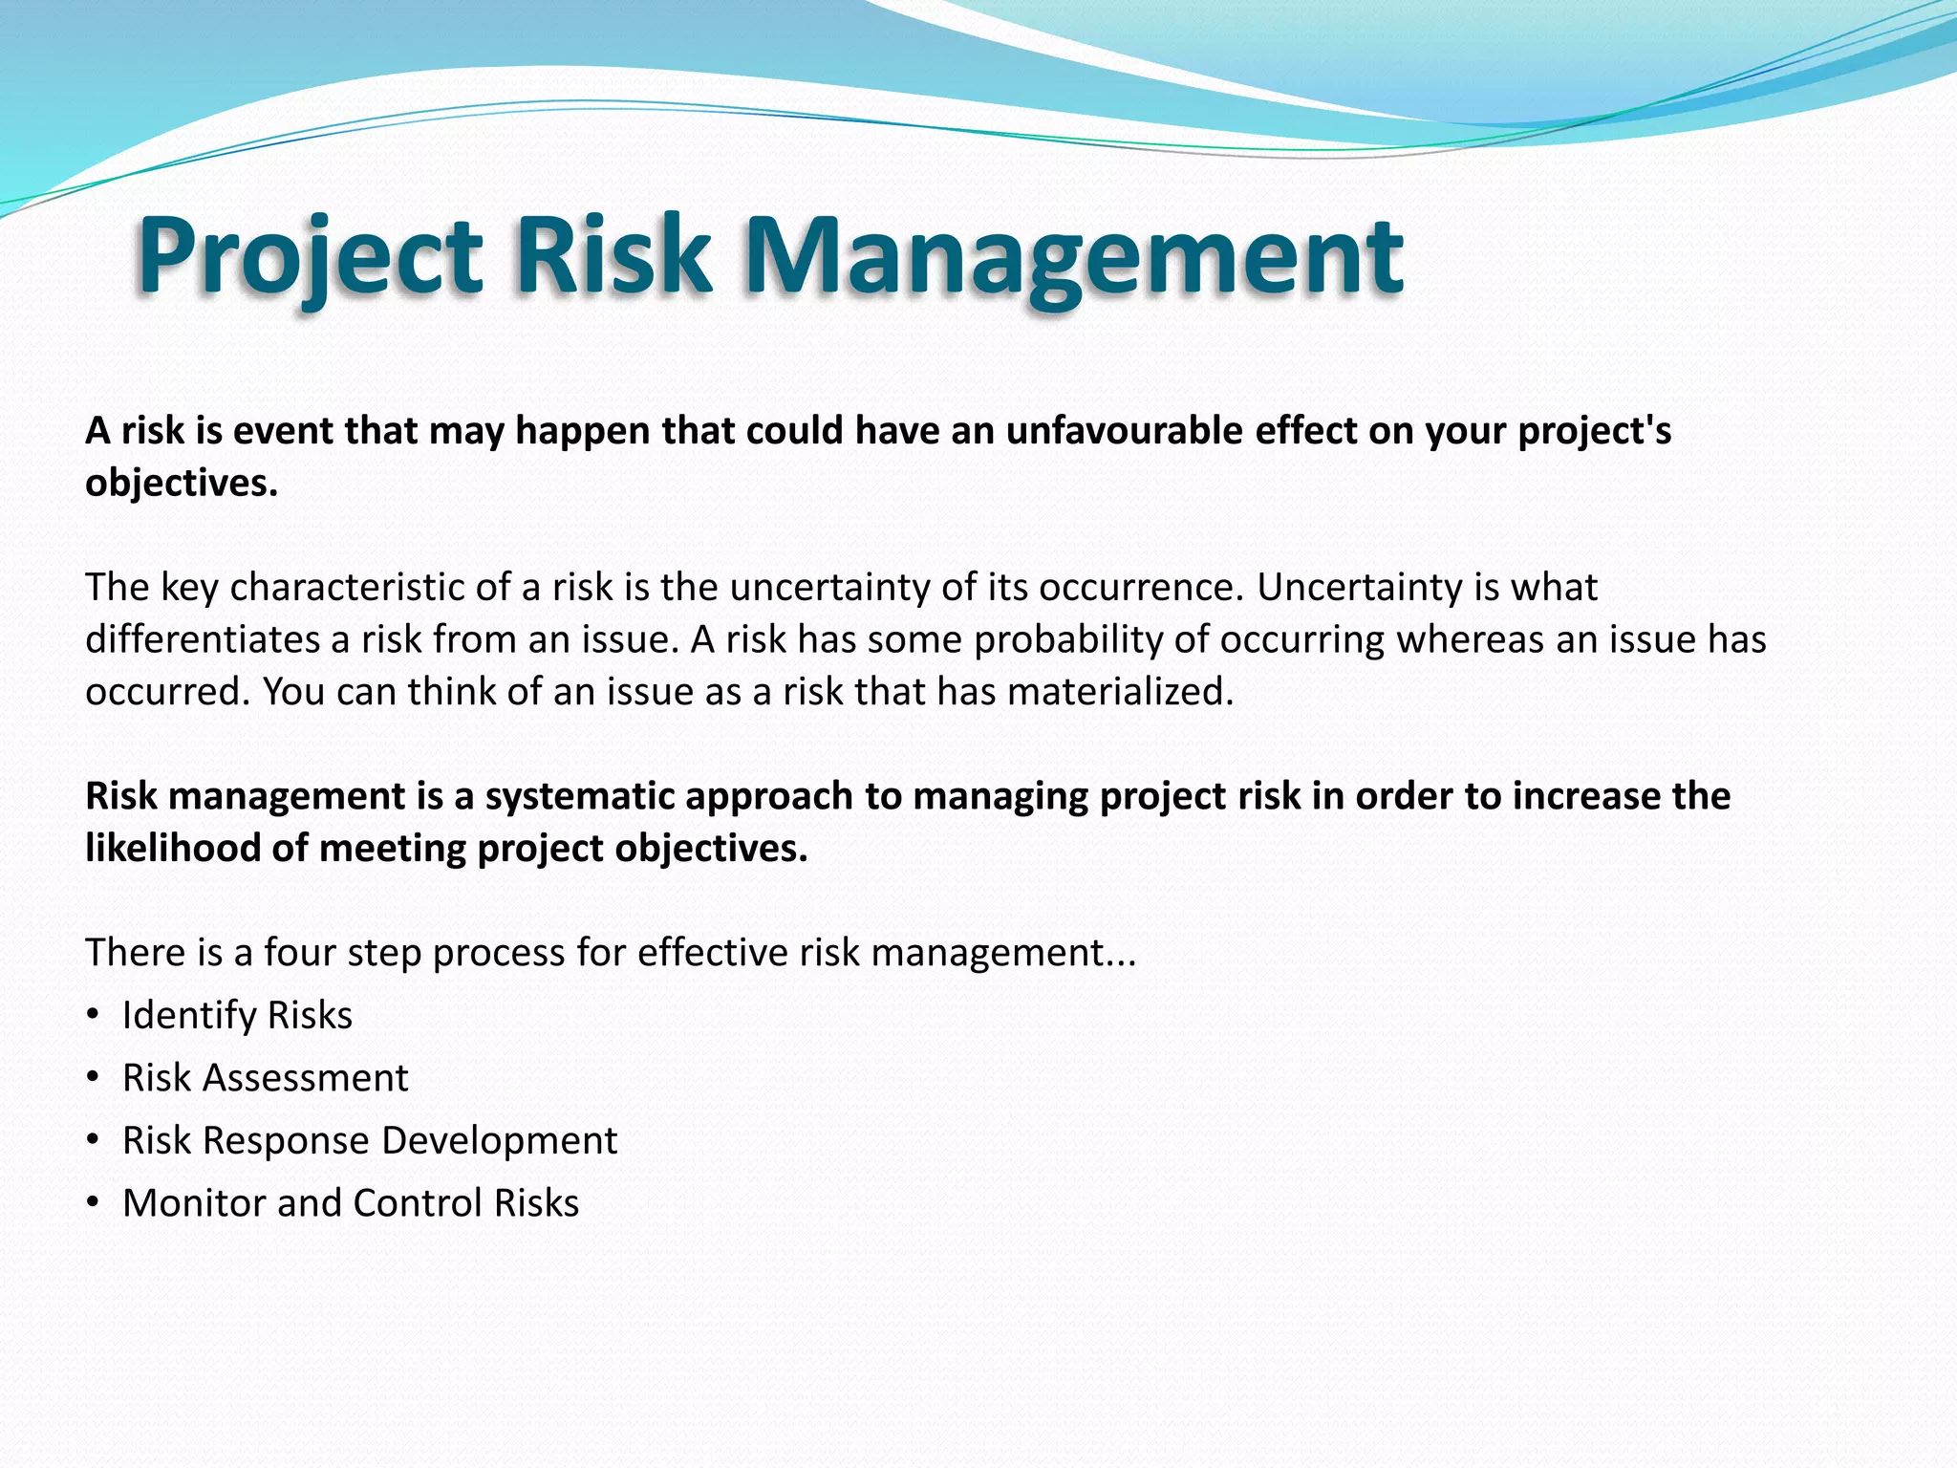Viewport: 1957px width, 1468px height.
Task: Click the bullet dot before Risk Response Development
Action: pos(93,1139)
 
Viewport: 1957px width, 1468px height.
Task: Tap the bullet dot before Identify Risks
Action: pos(93,1014)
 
